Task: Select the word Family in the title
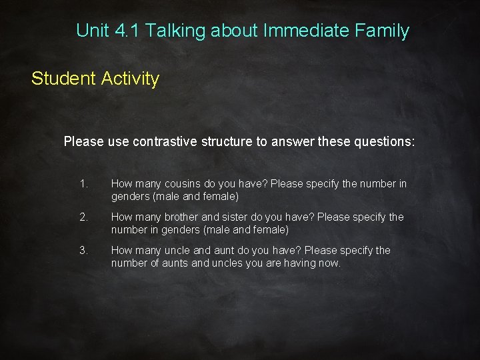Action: tap(383, 31)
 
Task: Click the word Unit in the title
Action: tap(91, 31)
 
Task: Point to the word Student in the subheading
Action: tap(64, 79)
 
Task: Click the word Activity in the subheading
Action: tap(131, 79)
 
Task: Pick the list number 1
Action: tap(83, 183)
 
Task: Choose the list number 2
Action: tap(83, 217)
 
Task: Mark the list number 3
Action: tap(83, 251)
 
